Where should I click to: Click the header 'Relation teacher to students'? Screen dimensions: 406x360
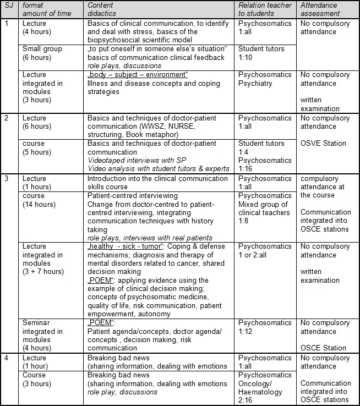(265, 10)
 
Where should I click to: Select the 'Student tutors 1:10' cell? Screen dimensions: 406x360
(261, 53)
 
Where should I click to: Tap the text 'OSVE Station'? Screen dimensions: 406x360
(324, 144)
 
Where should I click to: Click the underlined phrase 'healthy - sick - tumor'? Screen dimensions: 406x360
(120, 246)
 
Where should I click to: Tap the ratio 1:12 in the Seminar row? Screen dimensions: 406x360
(246, 332)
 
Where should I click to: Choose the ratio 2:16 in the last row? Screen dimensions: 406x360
(246, 400)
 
